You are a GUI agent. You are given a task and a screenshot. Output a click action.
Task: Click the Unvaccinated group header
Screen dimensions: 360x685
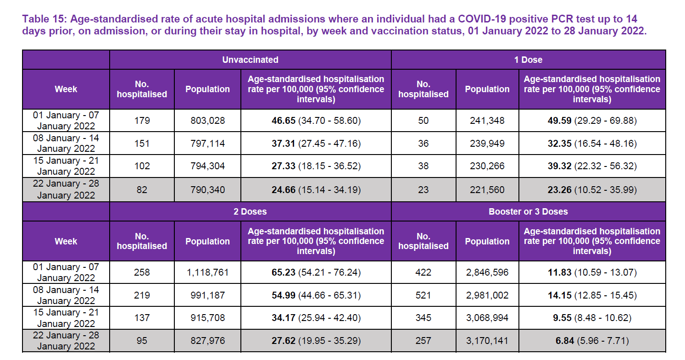(x=250, y=60)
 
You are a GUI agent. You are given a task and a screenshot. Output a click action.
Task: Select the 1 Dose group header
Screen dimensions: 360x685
(x=528, y=60)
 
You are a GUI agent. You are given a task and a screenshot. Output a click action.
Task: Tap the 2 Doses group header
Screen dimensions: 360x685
(x=250, y=212)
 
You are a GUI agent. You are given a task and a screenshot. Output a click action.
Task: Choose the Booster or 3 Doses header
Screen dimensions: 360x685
(x=528, y=212)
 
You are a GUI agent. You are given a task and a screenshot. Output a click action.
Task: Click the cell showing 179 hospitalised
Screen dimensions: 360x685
(x=142, y=121)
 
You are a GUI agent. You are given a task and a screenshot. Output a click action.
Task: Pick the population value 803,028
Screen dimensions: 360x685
(x=207, y=121)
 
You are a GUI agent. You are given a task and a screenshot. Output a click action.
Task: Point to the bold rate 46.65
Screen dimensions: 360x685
(x=284, y=121)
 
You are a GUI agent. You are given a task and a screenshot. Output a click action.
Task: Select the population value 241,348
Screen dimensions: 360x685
(x=487, y=121)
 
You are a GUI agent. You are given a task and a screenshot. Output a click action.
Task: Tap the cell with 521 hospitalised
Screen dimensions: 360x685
(x=423, y=295)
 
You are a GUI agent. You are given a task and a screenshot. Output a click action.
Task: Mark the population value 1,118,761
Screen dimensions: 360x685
(x=207, y=273)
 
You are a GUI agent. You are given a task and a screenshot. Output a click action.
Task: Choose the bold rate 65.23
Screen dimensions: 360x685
(x=284, y=273)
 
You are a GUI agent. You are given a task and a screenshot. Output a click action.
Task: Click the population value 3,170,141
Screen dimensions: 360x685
(x=487, y=341)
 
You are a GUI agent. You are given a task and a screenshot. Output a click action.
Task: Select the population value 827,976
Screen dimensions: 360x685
(x=207, y=341)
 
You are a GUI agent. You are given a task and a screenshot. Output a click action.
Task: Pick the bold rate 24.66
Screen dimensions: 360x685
(x=284, y=190)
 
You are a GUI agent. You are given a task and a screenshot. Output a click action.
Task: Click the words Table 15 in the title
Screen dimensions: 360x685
(x=42, y=19)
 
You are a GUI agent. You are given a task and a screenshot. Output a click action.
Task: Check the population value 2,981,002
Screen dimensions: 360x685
(x=487, y=295)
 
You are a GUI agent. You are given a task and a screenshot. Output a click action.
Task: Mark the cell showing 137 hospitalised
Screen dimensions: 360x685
(x=142, y=318)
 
